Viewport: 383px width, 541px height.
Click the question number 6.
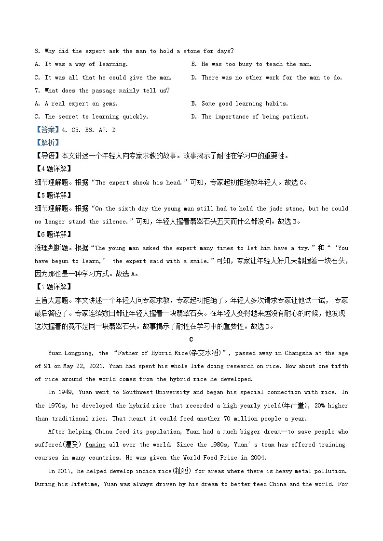pos(37,51)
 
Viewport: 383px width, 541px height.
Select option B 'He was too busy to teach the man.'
pos(251,64)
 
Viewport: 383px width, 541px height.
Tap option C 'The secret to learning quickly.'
pos(91,117)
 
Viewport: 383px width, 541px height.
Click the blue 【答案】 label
pos(45,130)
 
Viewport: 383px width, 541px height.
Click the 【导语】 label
pos(46,156)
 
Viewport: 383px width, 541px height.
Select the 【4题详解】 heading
pos(53,169)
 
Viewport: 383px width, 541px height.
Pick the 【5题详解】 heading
pos(53,196)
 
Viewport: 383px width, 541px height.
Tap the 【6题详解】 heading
pos(53,235)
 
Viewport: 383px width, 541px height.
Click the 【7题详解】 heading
pos(53,287)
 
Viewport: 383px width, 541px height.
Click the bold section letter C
pos(191,340)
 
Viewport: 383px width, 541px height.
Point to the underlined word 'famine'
pos(95,445)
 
